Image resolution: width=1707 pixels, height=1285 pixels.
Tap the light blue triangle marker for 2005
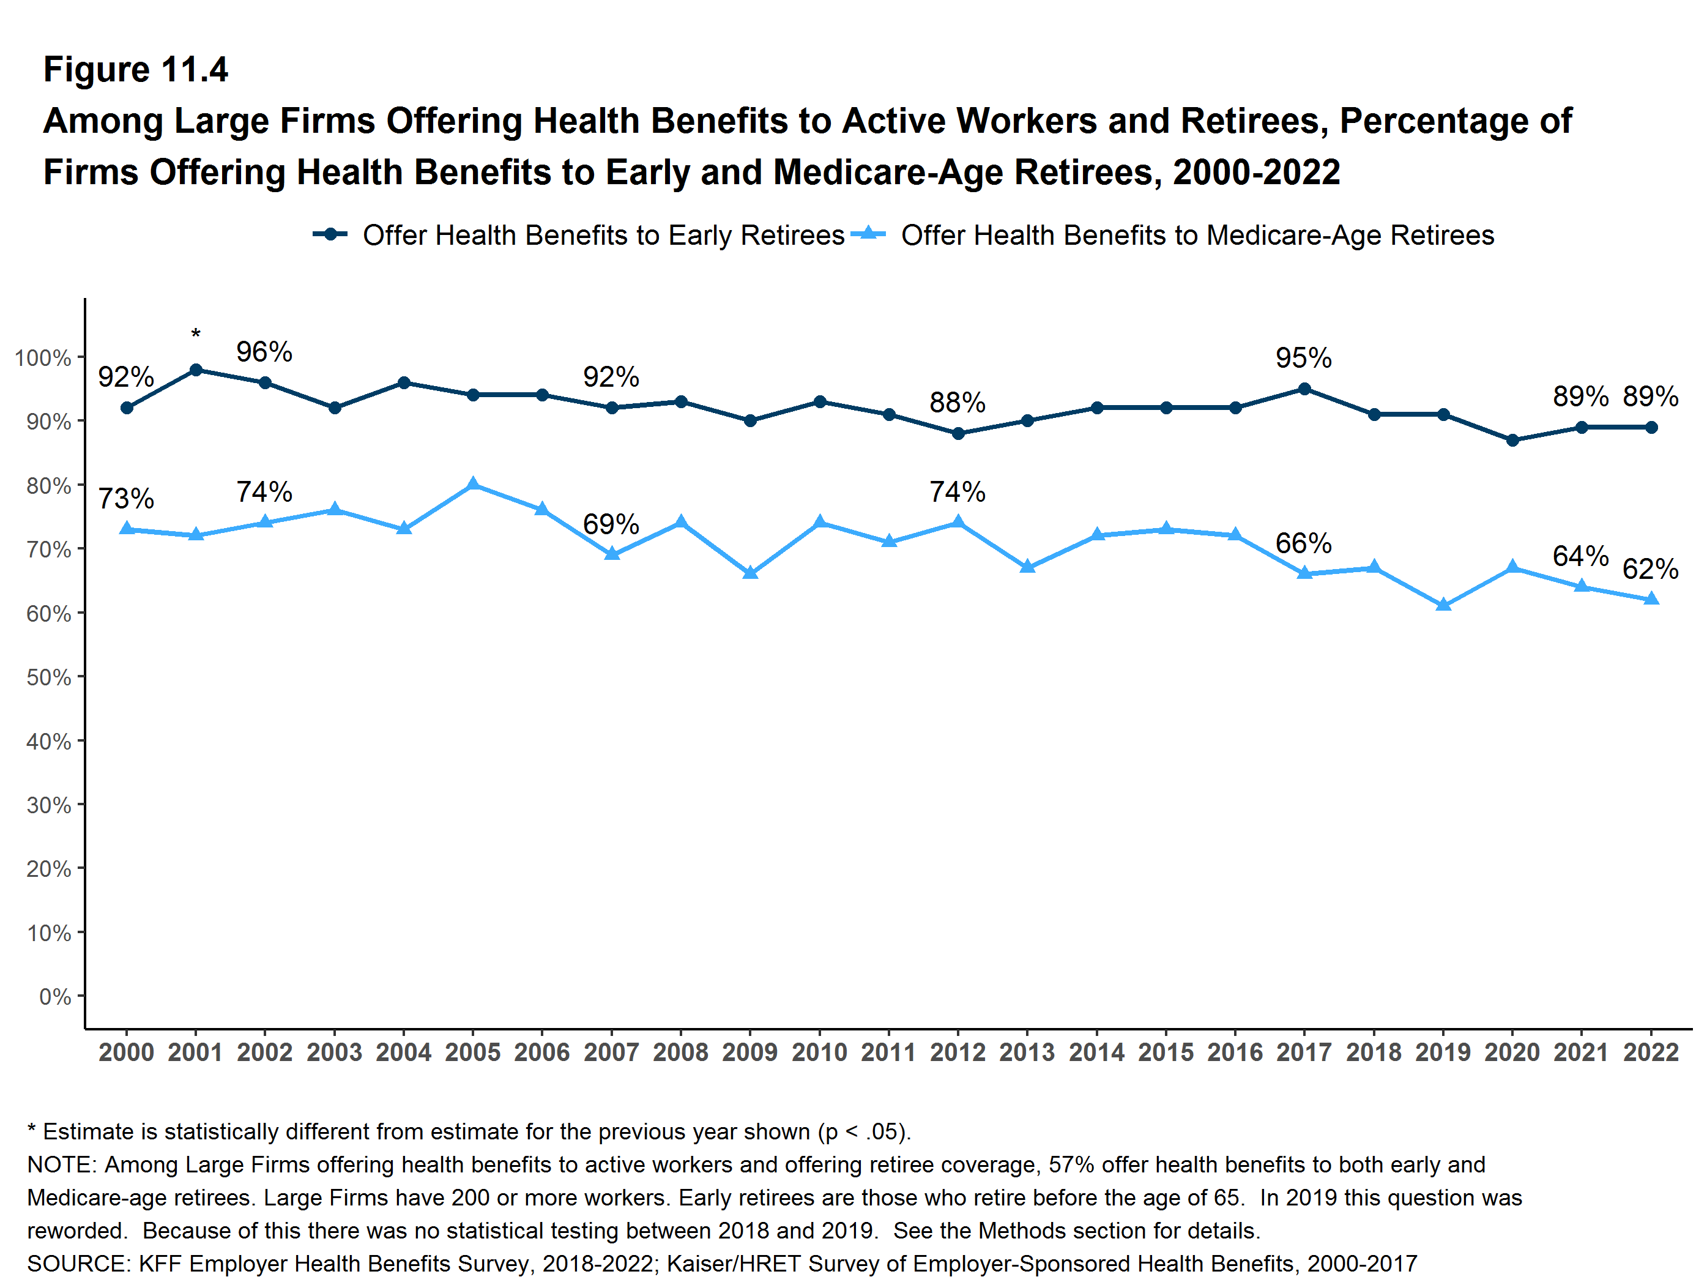tap(473, 485)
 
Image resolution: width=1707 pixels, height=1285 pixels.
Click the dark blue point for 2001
tap(196, 370)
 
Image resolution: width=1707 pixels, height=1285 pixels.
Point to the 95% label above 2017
tap(1303, 358)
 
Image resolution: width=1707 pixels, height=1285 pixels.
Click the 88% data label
tap(957, 402)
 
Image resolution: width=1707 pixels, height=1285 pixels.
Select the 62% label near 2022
tap(1650, 569)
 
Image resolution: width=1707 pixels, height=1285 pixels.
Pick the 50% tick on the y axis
tap(48, 677)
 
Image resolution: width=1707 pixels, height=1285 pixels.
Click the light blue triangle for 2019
tap(1443, 605)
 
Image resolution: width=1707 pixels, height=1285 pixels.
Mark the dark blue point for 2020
tap(1512, 440)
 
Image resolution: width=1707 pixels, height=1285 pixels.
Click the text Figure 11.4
tap(136, 70)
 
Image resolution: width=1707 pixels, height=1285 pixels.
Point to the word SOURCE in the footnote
tap(78, 1264)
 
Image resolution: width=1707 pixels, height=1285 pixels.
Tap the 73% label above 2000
tap(126, 499)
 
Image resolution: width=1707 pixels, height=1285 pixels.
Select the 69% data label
tap(611, 524)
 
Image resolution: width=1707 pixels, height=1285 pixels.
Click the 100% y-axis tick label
tap(42, 358)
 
